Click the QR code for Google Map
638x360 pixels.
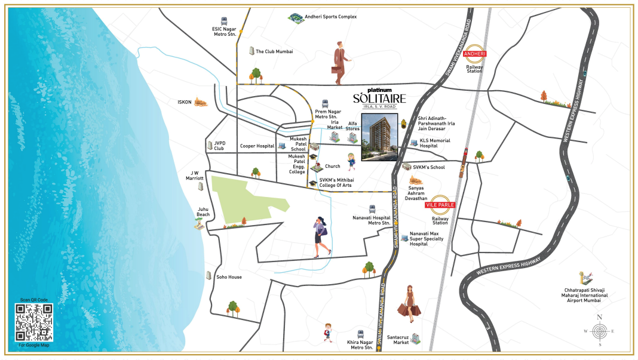[x=33, y=322]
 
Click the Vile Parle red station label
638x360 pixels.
[x=440, y=205]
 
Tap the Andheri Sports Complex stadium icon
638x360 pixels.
[x=296, y=17]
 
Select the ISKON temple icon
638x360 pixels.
[x=202, y=102]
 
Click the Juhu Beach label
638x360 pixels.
[x=203, y=212]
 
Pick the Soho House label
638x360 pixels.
[x=229, y=277]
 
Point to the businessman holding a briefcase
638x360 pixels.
[x=341, y=62]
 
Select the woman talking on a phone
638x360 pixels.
[x=320, y=237]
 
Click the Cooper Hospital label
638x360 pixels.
[x=257, y=146]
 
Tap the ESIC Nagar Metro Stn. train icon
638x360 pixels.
[x=224, y=21]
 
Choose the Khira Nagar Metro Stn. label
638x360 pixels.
[x=361, y=344]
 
